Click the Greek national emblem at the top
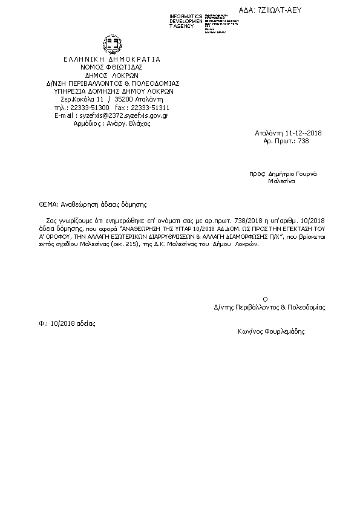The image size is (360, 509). pos(111,46)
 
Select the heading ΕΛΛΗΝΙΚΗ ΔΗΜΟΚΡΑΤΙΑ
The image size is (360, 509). pos(111,59)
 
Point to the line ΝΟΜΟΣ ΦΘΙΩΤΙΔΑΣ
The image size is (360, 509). pos(111,68)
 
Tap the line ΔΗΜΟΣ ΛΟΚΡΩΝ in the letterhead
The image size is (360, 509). pos(111,76)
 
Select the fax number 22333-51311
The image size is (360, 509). pos(151,107)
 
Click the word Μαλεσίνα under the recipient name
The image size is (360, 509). pos(281,181)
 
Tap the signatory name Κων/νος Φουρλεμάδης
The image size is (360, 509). pos(271,331)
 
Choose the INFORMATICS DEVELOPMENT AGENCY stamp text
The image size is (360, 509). pos(186,21)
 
